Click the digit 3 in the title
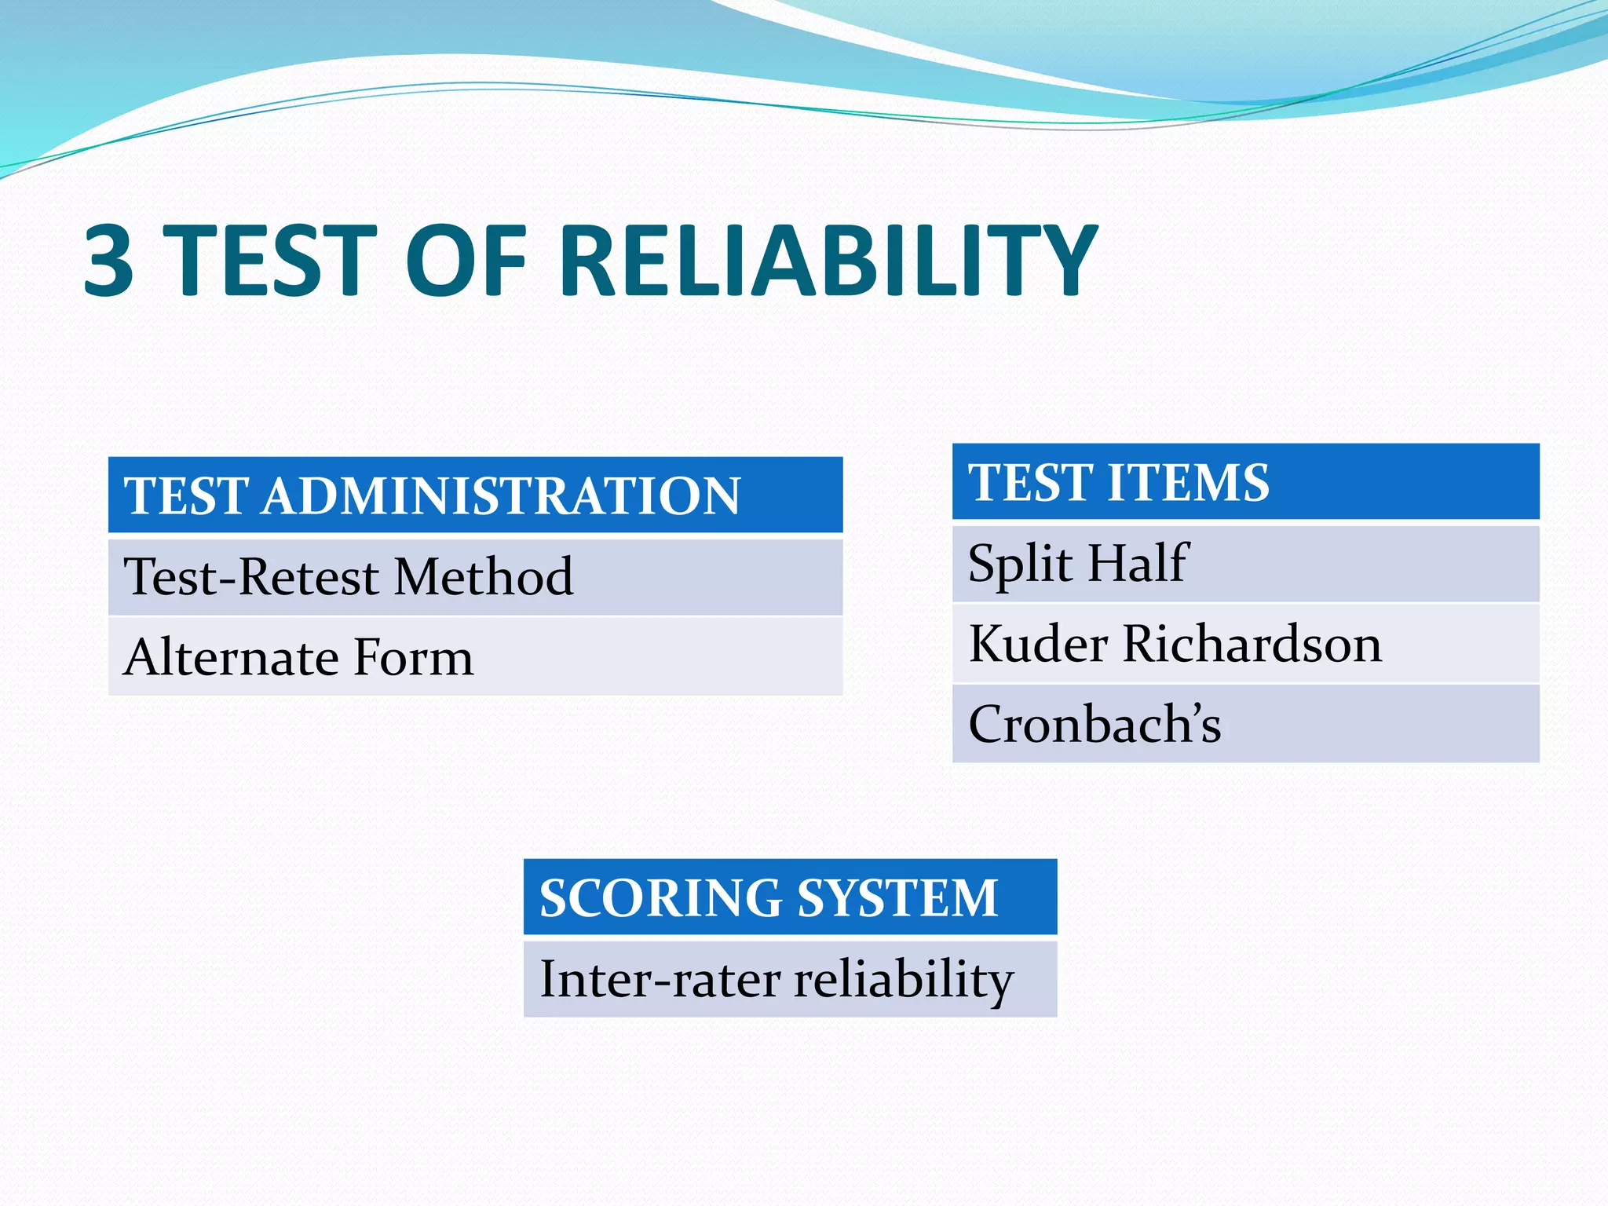(x=110, y=261)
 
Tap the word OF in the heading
(x=466, y=261)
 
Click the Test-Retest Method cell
(x=474, y=577)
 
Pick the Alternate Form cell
(x=474, y=657)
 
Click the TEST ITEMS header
(x=1244, y=482)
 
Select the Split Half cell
(x=1244, y=564)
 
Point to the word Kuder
(x=1038, y=644)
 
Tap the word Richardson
(x=1252, y=644)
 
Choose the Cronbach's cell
(x=1244, y=724)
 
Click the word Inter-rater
(x=660, y=979)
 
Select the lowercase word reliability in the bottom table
(x=904, y=979)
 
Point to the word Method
(x=483, y=577)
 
